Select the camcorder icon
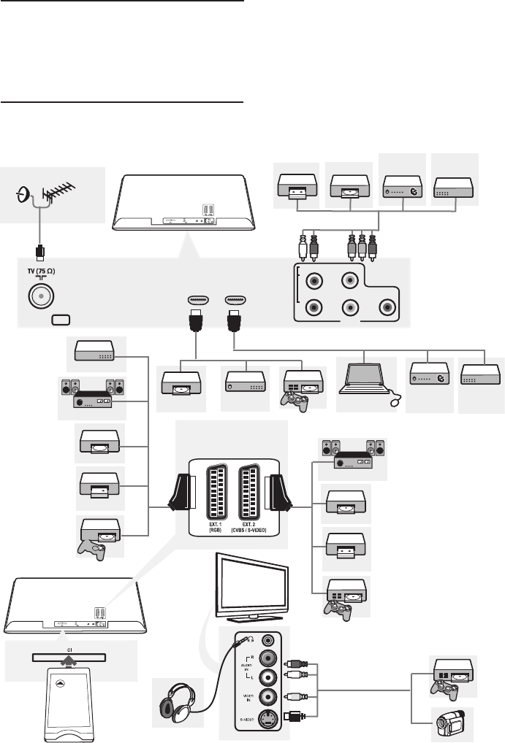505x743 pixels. [449, 725]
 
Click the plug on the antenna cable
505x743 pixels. [41, 252]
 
